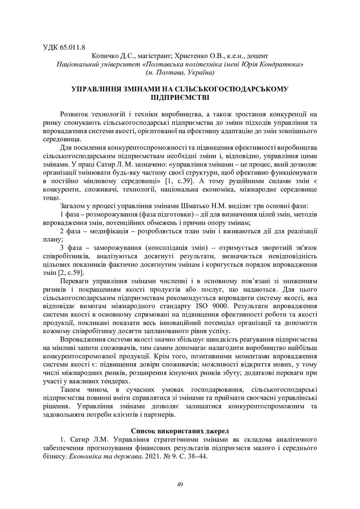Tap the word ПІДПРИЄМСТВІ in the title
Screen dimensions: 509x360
click(180, 97)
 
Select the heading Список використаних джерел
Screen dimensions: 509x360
click(180, 430)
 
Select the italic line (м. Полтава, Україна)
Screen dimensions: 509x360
click(180, 73)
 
